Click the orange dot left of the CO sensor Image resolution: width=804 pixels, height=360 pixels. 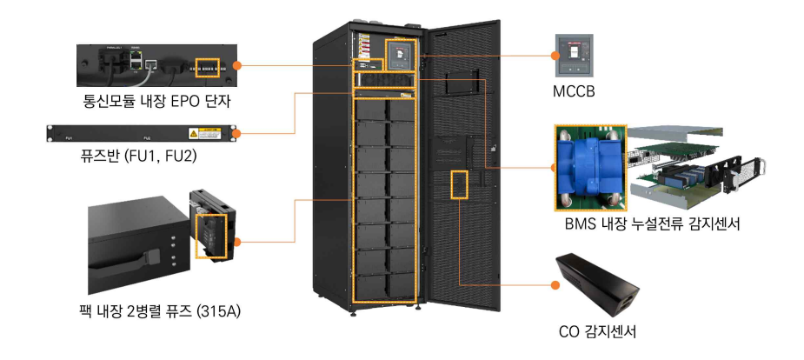click(x=551, y=284)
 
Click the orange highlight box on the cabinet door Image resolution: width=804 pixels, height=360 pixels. click(x=459, y=183)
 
